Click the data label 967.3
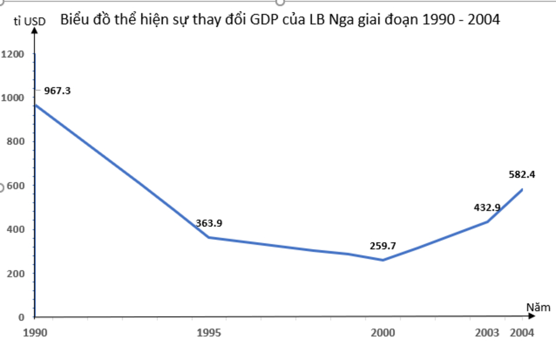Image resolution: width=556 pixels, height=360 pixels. click(58, 91)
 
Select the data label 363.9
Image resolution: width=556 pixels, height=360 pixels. click(209, 223)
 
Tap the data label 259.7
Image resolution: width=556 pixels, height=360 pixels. click(383, 245)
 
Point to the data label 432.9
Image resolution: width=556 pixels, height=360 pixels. click(487, 207)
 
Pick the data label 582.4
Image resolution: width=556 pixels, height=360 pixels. click(522, 174)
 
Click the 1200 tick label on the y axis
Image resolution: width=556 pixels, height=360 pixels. click(13, 54)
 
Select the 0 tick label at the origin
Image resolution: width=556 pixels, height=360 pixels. click(22, 317)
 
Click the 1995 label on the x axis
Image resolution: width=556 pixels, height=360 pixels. click(209, 333)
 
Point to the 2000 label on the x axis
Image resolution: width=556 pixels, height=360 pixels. click(383, 333)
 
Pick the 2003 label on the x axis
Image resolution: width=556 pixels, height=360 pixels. click(487, 333)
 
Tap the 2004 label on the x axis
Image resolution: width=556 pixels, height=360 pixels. click(522, 333)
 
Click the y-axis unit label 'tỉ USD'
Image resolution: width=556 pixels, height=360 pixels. click(29, 22)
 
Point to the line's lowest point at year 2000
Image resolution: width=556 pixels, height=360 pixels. click(383, 260)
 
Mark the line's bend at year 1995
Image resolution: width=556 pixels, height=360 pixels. click(209, 237)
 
